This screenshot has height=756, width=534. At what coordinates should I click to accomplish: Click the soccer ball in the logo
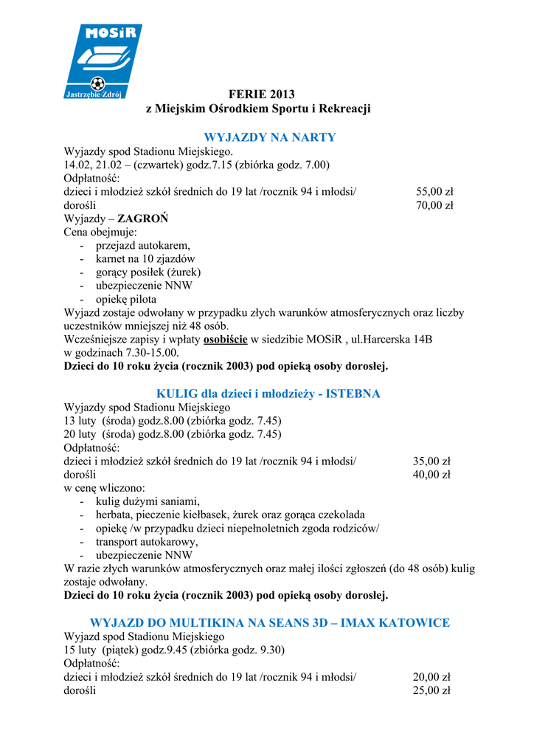click(x=97, y=83)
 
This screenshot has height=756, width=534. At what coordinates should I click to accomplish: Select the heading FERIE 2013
click(x=261, y=94)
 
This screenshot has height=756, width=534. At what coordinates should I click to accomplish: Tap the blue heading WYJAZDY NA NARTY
click(x=269, y=137)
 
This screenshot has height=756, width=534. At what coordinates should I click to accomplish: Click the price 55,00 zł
click(x=434, y=192)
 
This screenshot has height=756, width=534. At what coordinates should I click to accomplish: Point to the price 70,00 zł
click(x=434, y=205)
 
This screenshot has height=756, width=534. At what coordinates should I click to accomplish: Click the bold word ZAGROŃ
click(x=143, y=219)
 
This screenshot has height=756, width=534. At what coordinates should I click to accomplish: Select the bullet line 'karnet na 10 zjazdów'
click(x=145, y=259)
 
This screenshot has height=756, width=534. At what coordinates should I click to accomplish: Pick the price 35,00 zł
click(x=431, y=461)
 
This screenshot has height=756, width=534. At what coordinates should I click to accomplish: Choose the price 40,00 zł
click(x=431, y=475)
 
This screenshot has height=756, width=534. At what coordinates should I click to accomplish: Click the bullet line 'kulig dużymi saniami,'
click(x=148, y=501)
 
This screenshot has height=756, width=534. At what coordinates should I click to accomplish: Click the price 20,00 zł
click(x=431, y=677)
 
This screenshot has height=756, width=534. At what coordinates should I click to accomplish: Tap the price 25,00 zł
click(x=431, y=690)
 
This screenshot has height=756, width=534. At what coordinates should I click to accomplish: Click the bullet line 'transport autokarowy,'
click(x=147, y=542)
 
